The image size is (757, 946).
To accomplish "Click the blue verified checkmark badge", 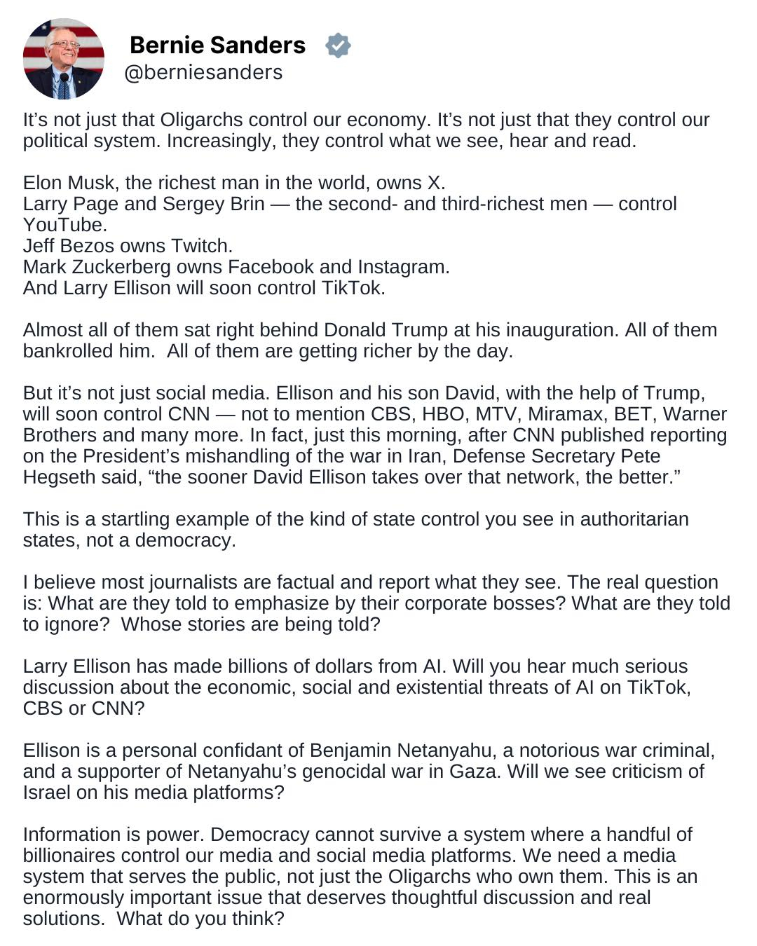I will pyautogui.click(x=338, y=46).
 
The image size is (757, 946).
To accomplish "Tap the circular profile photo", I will pyautogui.click(x=63, y=59).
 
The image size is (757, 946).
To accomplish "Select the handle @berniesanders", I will pyautogui.click(x=203, y=72).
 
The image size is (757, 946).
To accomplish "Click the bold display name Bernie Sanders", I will pyautogui.click(x=217, y=45).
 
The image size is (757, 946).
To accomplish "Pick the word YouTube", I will pyautogui.click(x=63, y=225).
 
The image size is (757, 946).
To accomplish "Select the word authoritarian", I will pyautogui.click(x=634, y=519).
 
